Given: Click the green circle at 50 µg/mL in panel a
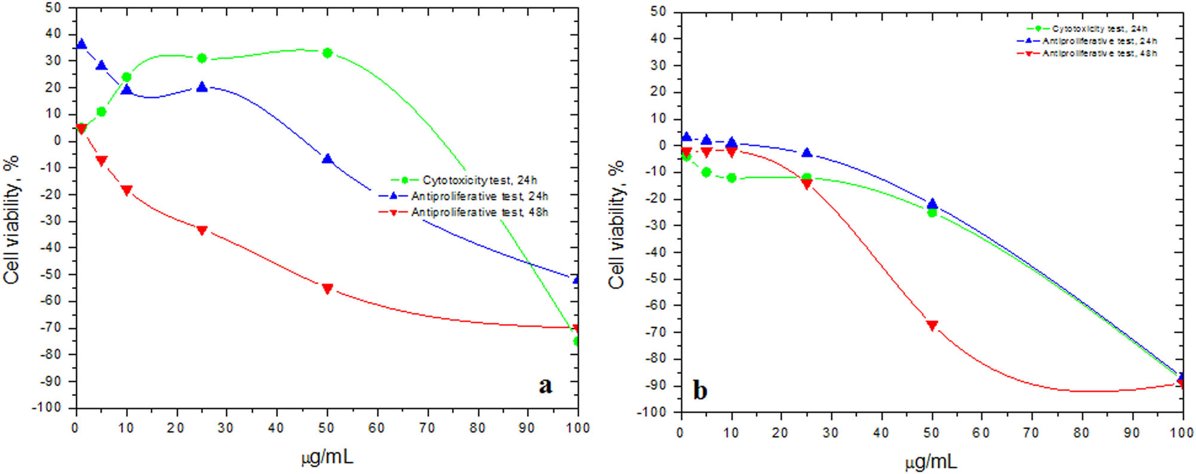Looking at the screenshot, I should [327, 53].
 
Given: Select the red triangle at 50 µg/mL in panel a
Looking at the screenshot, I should [327, 289].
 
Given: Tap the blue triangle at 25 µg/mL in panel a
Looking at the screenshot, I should [202, 87].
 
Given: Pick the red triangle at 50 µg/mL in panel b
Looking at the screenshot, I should [932, 326].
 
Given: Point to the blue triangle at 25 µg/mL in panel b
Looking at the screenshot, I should [807, 153].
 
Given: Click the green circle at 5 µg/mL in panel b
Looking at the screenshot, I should [706, 172].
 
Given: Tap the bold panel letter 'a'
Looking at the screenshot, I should [545, 385].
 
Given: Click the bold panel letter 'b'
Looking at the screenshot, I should [700, 390].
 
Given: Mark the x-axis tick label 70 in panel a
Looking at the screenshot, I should [427, 428].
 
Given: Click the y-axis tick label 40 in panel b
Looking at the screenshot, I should [658, 38].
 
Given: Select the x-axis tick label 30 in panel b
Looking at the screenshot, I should [831, 433].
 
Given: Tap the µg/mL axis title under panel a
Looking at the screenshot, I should [327, 457].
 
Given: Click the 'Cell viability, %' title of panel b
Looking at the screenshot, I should [617, 224].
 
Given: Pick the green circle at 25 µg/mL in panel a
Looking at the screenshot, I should [202, 58].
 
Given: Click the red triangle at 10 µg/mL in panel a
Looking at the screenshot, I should [127, 191].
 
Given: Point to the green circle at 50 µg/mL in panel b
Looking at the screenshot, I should [932, 212].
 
